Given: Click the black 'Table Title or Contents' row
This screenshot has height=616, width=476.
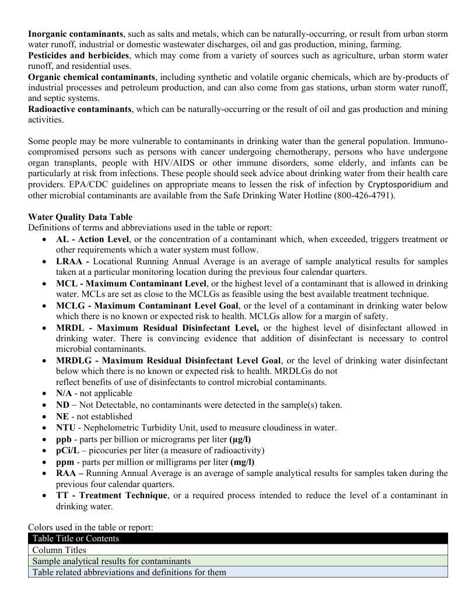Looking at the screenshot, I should (x=238, y=538).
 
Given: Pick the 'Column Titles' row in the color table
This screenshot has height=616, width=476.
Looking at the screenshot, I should (x=238, y=549).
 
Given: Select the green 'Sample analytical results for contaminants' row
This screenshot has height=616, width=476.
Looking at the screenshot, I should (x=238, y=561).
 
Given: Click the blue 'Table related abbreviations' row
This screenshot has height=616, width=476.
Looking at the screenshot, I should (x=238, y=572).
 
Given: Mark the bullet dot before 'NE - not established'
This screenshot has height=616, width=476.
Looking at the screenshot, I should (x=45, y=416).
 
